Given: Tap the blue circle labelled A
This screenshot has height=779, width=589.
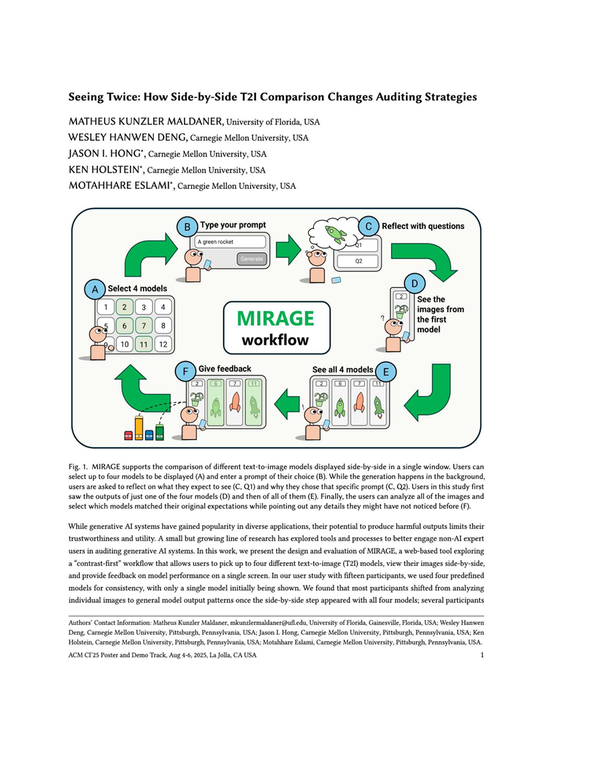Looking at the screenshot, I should pos(95,288).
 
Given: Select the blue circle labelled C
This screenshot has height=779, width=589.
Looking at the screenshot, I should pos(369,226).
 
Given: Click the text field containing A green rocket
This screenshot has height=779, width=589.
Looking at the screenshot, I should pos(230,241).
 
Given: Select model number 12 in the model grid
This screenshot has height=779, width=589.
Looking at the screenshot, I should pos(163,344).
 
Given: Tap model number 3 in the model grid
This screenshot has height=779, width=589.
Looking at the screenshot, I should pos(144,308).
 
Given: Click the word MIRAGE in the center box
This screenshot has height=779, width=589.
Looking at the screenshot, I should pos(275,318).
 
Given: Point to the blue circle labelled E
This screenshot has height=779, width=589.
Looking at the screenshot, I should pos(386,372).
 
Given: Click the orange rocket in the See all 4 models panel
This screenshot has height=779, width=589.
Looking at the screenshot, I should pos(358,406).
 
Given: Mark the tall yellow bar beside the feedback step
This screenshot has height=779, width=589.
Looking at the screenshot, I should pos(138,427).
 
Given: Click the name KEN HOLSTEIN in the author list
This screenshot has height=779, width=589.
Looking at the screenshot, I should pos(103,170).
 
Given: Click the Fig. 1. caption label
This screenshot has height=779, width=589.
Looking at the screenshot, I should pos(78,466).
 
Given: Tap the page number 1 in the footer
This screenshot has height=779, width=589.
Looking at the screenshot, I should pos(482,656).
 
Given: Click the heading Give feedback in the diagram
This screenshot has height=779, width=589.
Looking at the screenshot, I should pos(225,369).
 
